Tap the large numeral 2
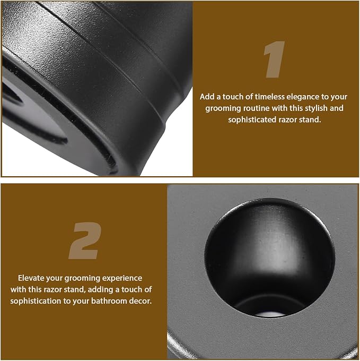pyautogui.click(x=85, y=240)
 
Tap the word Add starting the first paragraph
pyautogui.click(x=207, y=97)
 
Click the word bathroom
pyautogui.click(x=109, y=301)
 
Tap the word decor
pyautogui.click(x=141, y=301)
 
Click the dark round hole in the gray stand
pyautogui.click(x=269, y=258)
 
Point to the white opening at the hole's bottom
pyautogui.click(x=269, y=314)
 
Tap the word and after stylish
pyautogui.click(x=337, y=108)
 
